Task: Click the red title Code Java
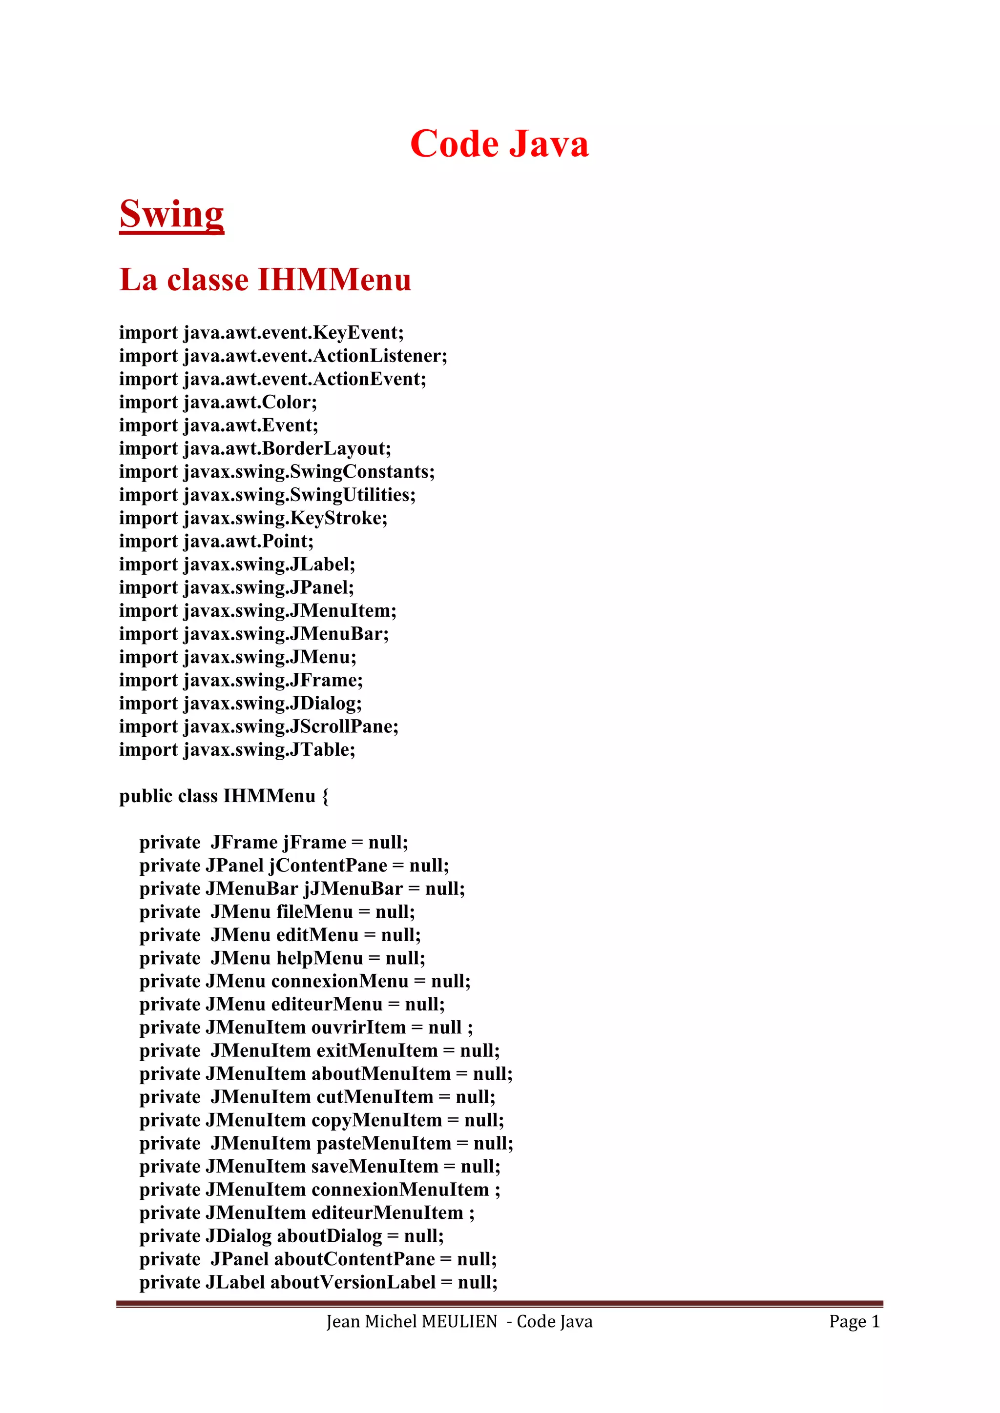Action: pyautogui.click(x=500, y=144)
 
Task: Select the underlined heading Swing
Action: pyautogui.click(x=172, y=214)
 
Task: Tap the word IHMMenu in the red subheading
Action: pyautogui.click(x=334, y=280)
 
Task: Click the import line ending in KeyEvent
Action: pyautogui.click(x=261, y=333)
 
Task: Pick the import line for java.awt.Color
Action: pyautogui.click(x=218, y=403)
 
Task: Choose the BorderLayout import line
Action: pyautogui.click(x=255, y=449)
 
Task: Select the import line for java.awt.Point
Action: pyautogui.click(x=216, y=542)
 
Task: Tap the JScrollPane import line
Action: pyautogui.click(x=259, y=727)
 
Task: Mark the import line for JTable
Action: pyautogui.click(x=237, y=750)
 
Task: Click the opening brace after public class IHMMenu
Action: pyautogui.click(x=325, y=797)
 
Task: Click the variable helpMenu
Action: pyautogui.click(x=320, y=959)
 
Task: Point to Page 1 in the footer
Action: pyautogui.click(x=854, y=1322)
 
